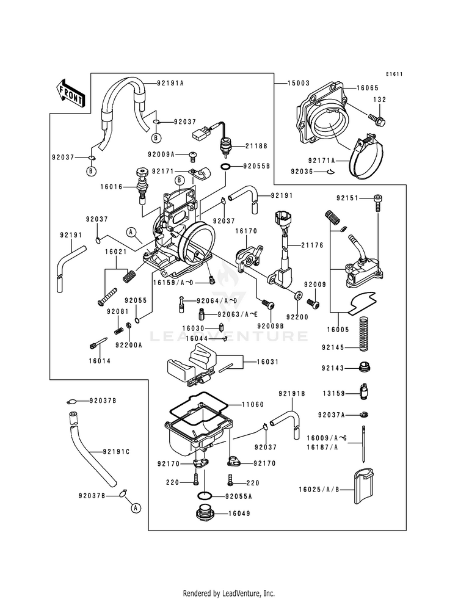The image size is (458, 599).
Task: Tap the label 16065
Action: (x=368, y=88)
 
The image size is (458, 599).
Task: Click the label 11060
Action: (x=252, y=404)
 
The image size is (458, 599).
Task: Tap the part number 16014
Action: (x=100, y=361)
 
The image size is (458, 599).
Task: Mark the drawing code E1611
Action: (x=394, y=74)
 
